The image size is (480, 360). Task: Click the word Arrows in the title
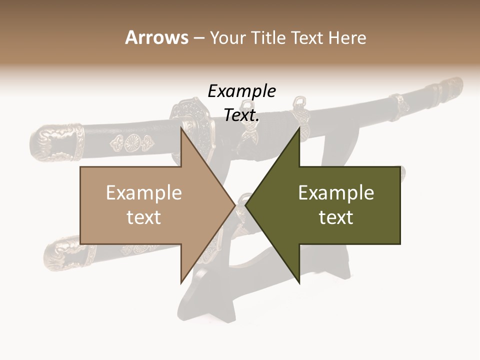[156, 37]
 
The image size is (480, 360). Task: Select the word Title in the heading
[271, 37]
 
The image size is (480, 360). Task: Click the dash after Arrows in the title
[198, 38]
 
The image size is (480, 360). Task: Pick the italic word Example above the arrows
[241, 91]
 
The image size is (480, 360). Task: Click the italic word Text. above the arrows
[241, 115]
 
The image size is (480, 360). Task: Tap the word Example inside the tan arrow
[143, 192]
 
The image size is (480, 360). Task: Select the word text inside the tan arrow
[143, 217]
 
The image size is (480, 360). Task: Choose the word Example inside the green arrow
[336, 192]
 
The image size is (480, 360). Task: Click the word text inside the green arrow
[336, 217]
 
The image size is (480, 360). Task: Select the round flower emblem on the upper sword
[132, 143]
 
